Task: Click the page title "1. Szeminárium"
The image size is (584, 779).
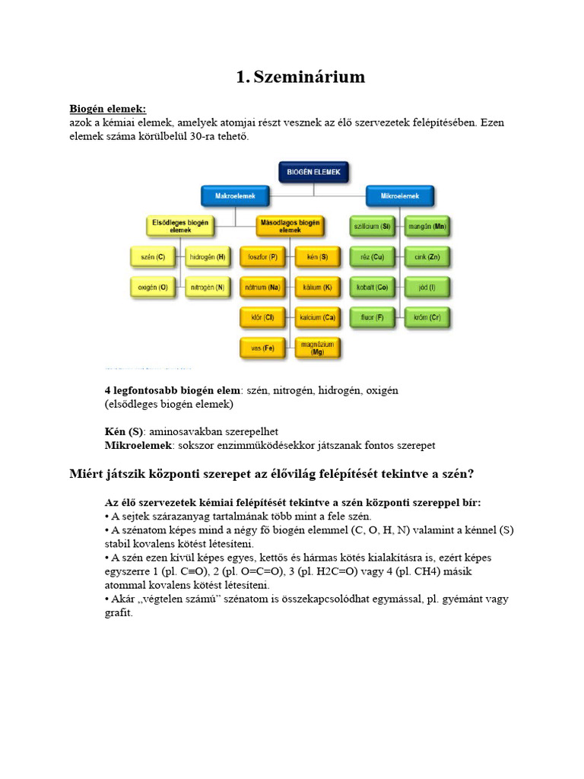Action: (300, 77)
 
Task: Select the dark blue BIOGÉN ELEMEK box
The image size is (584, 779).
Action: (314, 172)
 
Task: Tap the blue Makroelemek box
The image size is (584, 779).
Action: (235, 196)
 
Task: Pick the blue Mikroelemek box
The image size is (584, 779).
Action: (400, 196)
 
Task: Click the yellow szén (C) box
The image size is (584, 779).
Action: (153, 258)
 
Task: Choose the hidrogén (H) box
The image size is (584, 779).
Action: (208, 258)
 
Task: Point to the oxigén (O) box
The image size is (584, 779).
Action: (153, 288)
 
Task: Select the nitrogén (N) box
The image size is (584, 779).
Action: (208, 288)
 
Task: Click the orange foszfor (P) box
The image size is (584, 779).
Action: (262, 258)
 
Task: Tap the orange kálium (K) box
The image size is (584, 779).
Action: (317, 288)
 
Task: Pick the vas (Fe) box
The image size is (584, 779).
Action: (262, 348)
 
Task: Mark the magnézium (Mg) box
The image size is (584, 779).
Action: (317, 348)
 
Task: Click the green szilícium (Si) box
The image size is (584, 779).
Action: (372, 226)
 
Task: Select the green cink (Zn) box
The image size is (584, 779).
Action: (427, 258)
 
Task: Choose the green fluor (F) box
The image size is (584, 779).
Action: (372, 317)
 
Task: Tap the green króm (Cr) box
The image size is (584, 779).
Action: (427, 317)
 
